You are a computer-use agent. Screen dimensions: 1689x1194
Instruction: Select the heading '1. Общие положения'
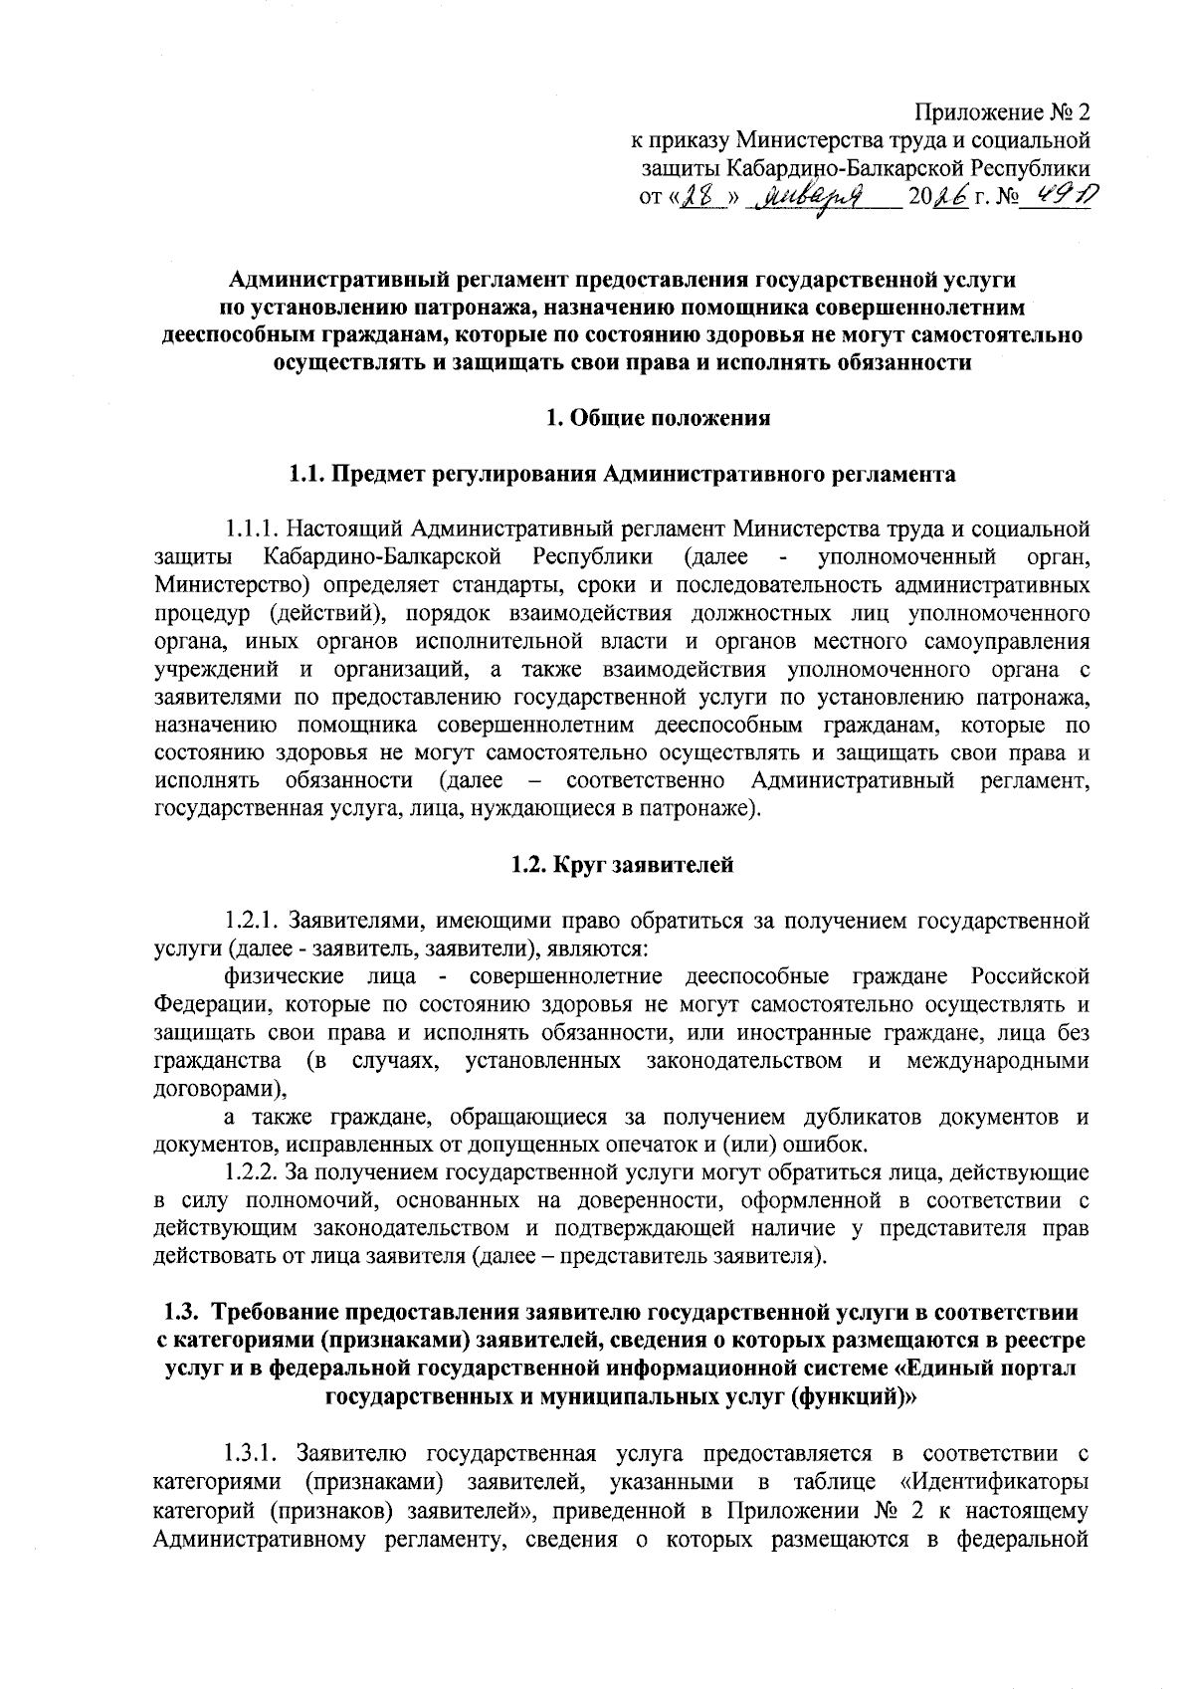click(659, 418)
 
